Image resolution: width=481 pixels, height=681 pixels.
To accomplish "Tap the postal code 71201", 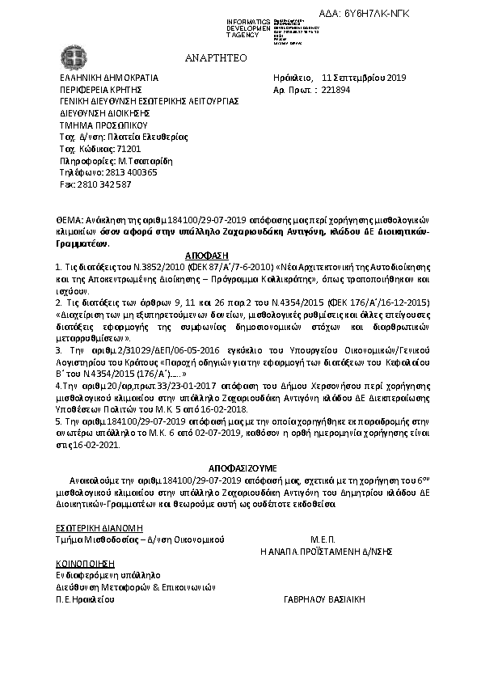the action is [129, 150].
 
